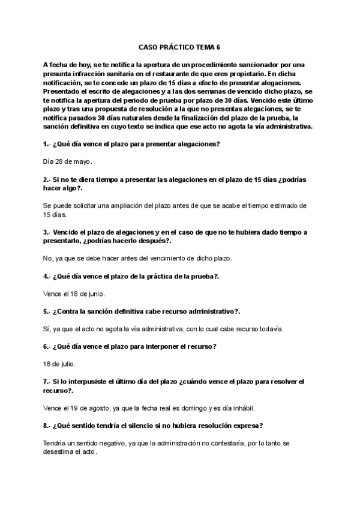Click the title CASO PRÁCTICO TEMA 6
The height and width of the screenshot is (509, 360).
(179, 46)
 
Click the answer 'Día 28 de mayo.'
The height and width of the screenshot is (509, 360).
(68, 161)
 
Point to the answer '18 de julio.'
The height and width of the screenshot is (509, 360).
(59, 364)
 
